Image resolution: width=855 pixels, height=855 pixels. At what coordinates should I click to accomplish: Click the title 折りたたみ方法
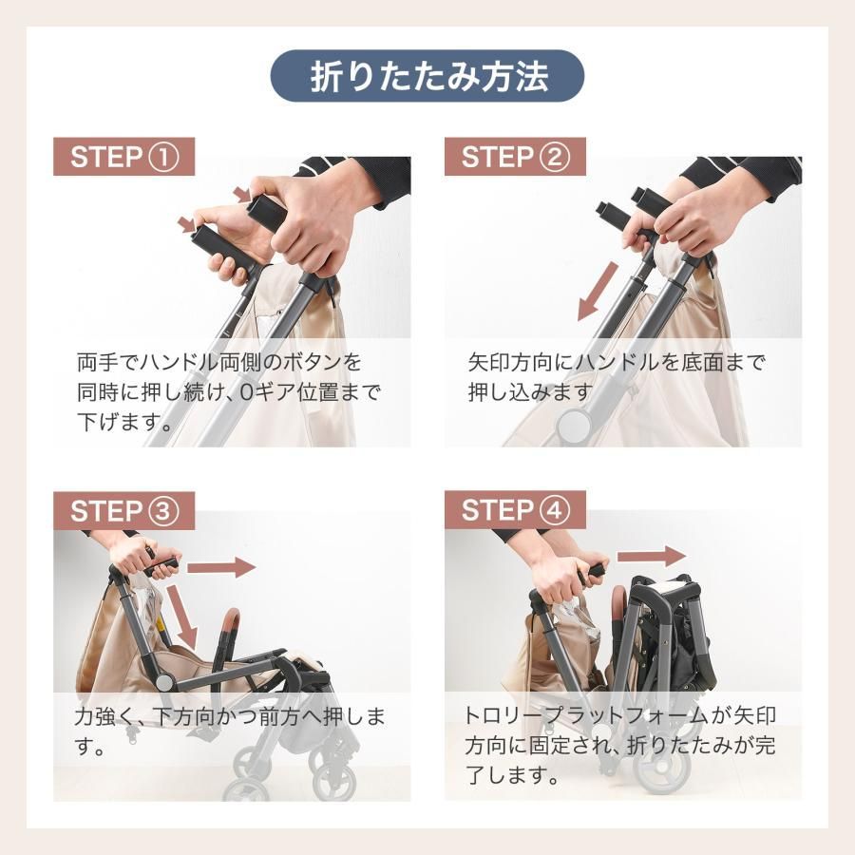point(427,77)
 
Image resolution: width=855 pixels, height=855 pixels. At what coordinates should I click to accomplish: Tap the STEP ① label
point(124,157)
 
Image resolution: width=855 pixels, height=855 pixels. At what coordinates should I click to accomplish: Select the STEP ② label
point(516,157)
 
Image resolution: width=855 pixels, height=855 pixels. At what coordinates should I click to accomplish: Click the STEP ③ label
point(124,511)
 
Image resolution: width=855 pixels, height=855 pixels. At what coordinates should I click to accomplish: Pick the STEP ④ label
point(516,510)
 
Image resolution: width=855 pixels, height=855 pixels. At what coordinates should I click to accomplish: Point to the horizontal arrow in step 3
point(220,567)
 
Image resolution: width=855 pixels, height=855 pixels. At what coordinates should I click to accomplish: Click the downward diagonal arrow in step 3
point(183,616)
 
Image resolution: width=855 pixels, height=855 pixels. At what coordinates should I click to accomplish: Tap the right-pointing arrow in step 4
point(651,556)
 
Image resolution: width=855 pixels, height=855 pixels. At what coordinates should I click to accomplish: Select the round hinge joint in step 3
point(164,682)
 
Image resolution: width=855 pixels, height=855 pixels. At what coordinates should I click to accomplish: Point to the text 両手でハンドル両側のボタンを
point(219,363)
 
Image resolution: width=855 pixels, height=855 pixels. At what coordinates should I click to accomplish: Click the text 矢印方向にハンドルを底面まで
point(617,363)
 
